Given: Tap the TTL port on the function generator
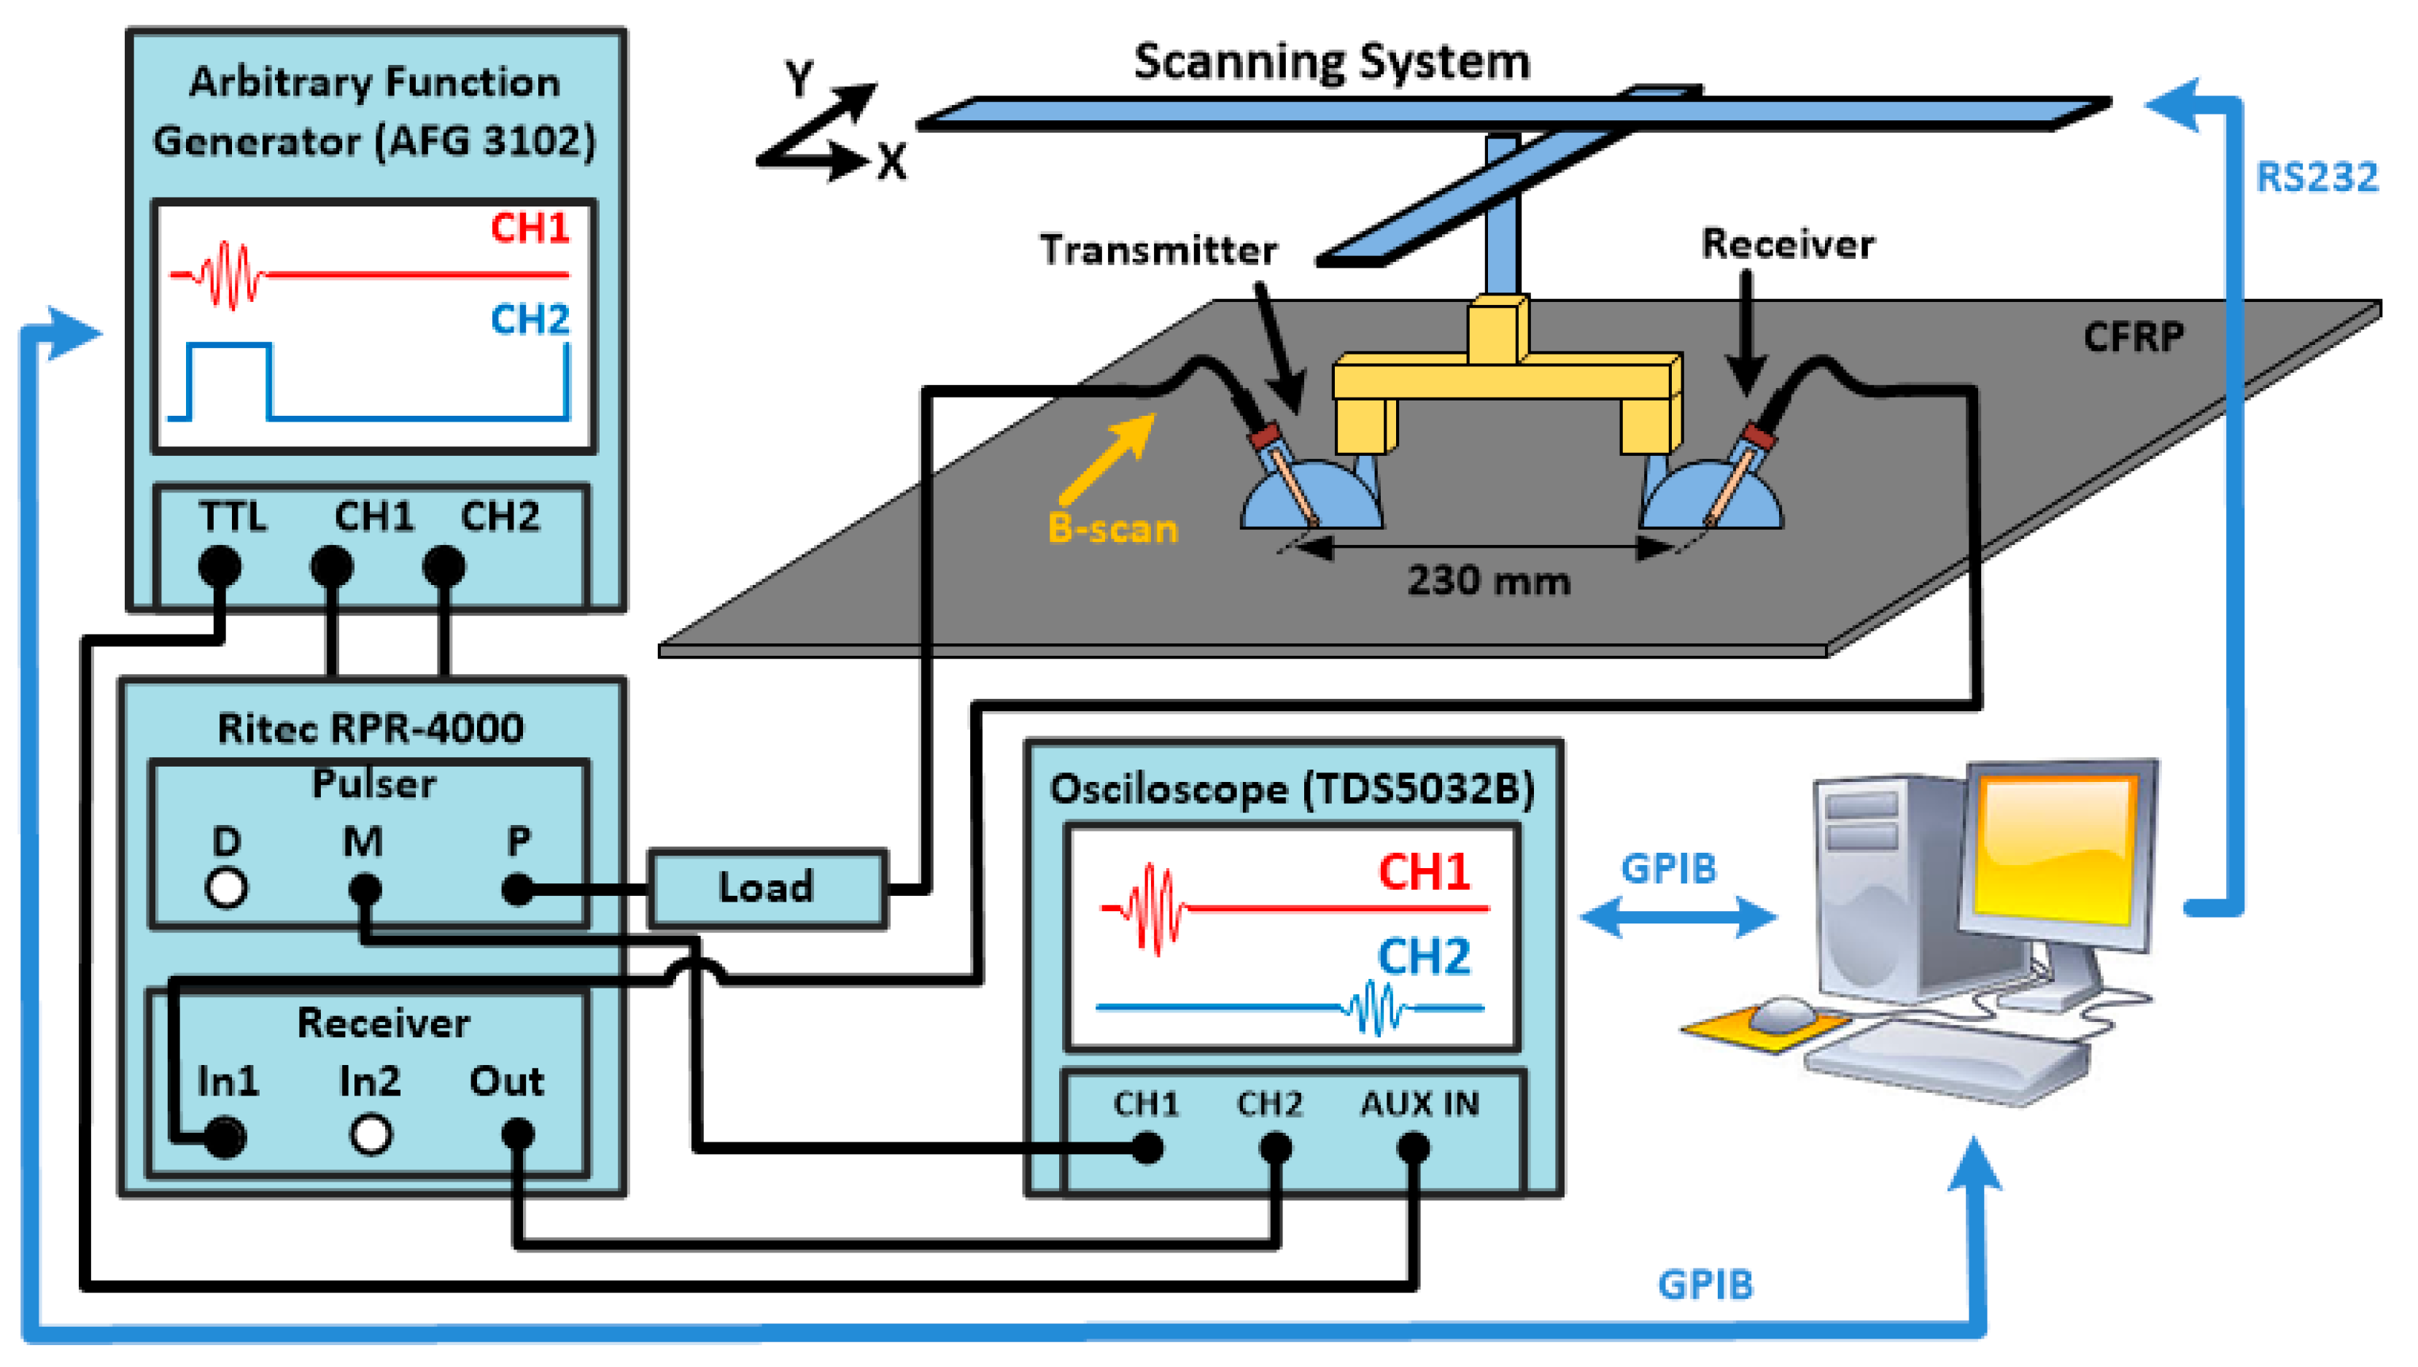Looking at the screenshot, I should point(220,566).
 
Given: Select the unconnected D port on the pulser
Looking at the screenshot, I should point(226,887).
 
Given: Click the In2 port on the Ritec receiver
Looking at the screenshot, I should point(371,1134).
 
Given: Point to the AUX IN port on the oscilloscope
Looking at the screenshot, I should point(1413,1147).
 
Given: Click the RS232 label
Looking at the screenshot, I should point(2316,177).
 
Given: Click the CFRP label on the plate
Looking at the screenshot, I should point(2133,336).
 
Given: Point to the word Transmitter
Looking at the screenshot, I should point(1158,249).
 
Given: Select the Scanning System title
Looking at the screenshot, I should point(1331,62).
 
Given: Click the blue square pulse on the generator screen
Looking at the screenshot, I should point(229,380).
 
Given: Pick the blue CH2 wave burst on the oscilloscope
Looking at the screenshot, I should point(1374,1008).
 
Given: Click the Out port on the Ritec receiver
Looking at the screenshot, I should point(517,1134).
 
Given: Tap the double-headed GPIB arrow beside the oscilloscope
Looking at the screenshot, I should point(1678,916).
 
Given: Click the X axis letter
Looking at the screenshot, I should point(893,161).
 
